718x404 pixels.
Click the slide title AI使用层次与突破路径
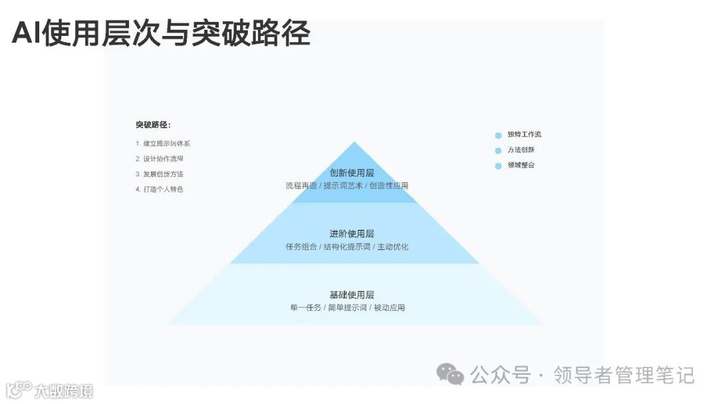coord(161,33)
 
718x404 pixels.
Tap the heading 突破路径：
coord(153,124)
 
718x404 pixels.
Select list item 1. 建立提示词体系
coord(163,143)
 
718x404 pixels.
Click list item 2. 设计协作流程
coord(160,158)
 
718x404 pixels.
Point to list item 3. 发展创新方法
coord(160,174)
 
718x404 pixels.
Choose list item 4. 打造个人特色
coord(160,189)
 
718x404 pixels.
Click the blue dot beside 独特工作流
coord(498,135)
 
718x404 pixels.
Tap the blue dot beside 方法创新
coord(498,150)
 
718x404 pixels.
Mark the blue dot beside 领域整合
coord(498,166)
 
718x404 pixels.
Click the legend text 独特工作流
coord(525,134)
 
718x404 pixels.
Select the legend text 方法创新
coord(521,150)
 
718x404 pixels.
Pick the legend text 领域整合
coord(521,165)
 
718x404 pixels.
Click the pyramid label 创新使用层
coord(352,173)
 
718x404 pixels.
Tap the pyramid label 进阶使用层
coord(352,234)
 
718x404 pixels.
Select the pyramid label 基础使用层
coord(352,295)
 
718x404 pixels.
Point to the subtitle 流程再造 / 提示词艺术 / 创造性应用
coord(347,186)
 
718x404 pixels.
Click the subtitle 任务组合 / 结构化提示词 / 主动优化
coord(347,247)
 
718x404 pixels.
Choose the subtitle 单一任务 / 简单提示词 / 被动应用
coord(347,307)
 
